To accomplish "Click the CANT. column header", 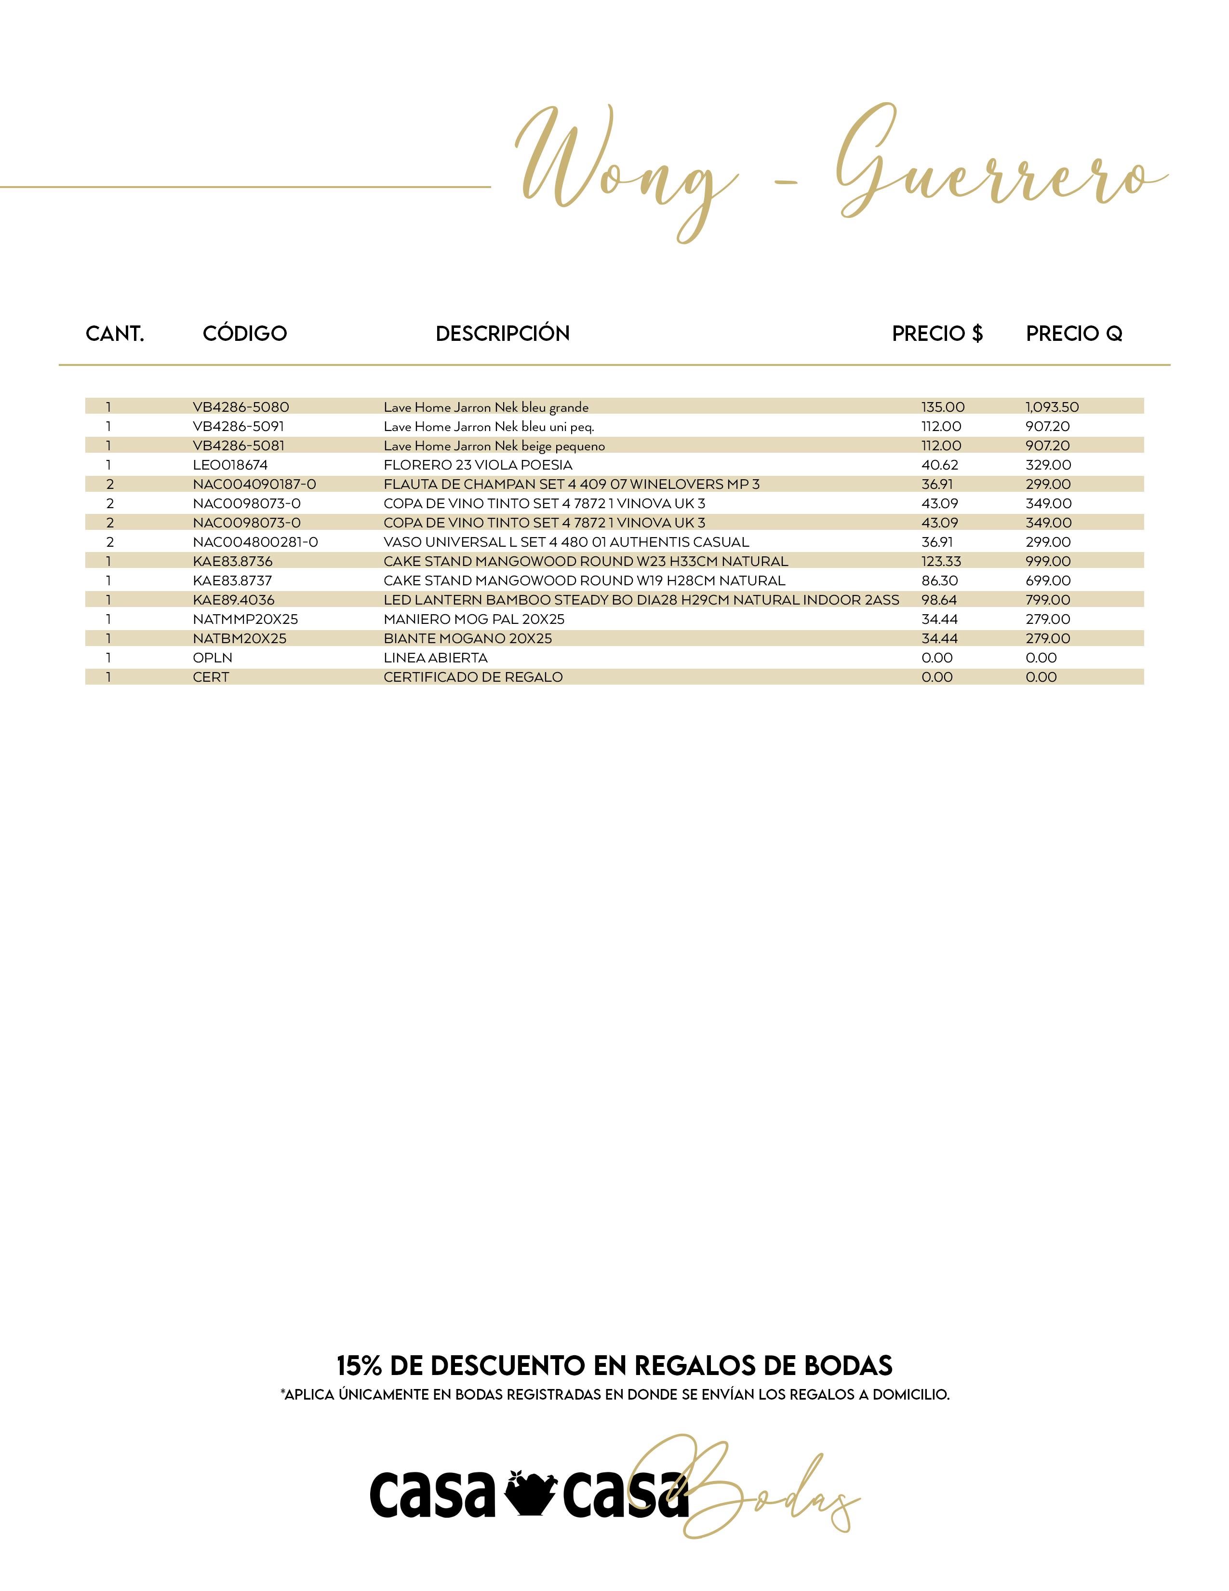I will coord(115,334).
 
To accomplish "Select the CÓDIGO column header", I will coord(245,334).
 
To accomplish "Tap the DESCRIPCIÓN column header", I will coord(502,334).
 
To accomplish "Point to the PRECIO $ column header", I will coord(937,334).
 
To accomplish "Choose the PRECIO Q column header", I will coord(1074,334).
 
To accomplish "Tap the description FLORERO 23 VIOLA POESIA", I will coord(478,465).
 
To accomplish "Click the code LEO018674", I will coord(230,465).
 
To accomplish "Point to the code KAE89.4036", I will coord(234,600).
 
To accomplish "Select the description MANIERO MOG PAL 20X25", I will coord(474,619).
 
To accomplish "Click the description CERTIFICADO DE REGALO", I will coord(473,677).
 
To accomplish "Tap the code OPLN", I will coord(213,658).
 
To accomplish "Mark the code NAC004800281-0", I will coord(255,542).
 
